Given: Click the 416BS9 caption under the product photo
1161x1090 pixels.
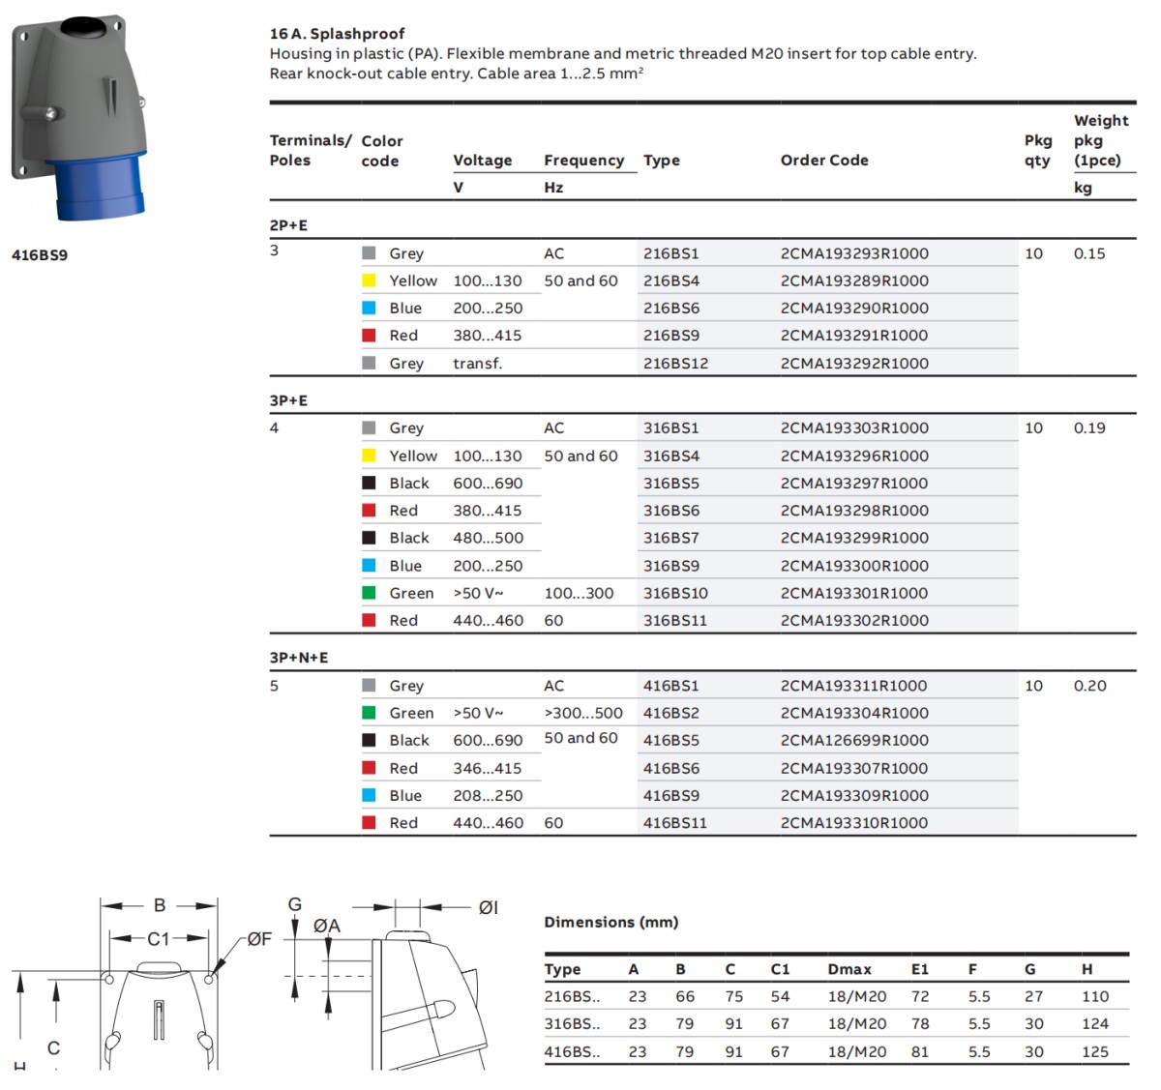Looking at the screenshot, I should tap(40, 255).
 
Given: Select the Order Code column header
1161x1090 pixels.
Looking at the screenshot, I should tap(824, 161).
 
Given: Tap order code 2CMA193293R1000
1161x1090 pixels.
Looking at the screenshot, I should tap(854, 253).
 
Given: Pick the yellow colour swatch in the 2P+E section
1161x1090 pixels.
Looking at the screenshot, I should tap(369, 280).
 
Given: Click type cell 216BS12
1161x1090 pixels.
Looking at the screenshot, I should tap(675, 364).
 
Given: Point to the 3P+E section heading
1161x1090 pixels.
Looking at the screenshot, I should tap(288, 400).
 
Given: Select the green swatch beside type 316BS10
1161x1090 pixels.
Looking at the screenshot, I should tap(369, 593).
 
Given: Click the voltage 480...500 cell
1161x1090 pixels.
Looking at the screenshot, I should tap(488, 538).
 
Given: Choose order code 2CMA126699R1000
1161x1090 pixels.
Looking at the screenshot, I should tap(854, 740).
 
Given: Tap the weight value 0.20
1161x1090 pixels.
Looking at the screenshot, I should tap(1089, 686).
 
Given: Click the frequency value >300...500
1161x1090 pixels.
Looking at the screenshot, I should tap(583, 713).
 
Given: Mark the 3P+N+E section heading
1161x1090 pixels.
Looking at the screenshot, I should tap(299, 658).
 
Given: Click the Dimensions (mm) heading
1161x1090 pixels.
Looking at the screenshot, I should tap(611, 922).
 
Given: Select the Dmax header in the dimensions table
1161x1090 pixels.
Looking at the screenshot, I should tap(849, 969).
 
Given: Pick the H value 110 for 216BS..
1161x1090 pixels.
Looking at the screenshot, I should tap(1095, 996).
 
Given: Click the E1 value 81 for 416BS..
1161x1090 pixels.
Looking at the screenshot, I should tap(920, 1051).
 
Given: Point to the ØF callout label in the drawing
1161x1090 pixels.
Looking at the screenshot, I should tap(259, 938).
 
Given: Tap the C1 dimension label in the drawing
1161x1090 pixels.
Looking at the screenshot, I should tap(159, 938).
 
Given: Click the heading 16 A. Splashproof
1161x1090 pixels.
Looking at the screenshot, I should tap(337, 34).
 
